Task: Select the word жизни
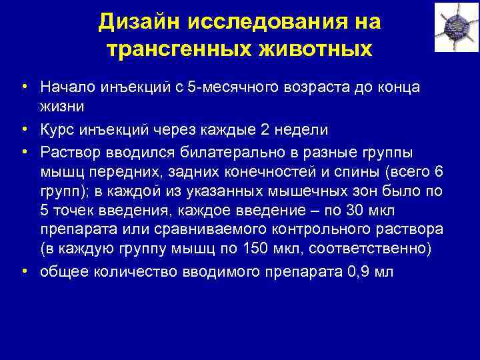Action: pyautogui.click(x=61, y=106)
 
